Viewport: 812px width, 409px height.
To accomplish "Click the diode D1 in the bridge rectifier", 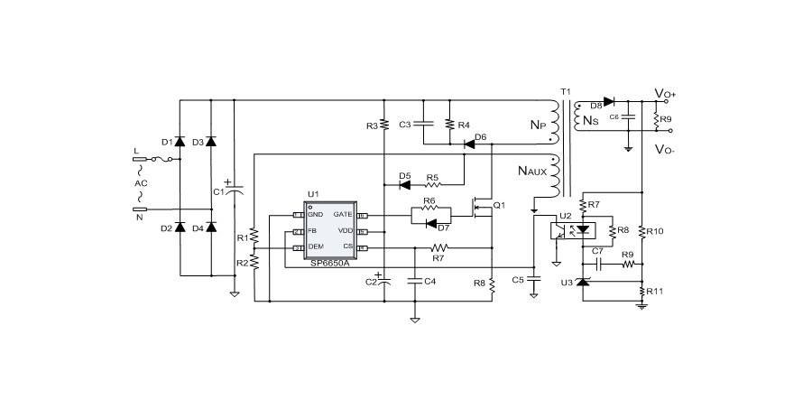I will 180,142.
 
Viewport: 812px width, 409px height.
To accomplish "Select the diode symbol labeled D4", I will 211,228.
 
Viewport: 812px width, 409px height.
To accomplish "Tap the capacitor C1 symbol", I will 234,191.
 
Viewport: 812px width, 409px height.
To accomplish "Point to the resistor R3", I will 383,125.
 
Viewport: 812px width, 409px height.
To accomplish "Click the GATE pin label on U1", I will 343,215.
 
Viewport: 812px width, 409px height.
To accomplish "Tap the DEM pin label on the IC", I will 315,246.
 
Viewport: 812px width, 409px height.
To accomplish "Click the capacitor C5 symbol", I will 533,280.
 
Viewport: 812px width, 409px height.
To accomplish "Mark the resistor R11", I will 641,293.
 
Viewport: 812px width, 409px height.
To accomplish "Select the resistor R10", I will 641,232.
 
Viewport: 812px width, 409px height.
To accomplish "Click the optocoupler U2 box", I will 570,229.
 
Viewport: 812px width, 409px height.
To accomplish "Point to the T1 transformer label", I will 566,92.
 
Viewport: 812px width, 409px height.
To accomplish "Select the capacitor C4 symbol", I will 415,281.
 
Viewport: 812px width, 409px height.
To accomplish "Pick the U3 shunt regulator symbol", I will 582,283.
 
